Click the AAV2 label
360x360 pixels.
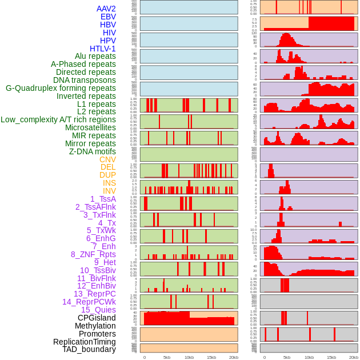(x=106, y=9)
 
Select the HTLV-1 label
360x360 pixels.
(x=102, y=49)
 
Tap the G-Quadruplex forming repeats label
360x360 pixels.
(x=61, y=88)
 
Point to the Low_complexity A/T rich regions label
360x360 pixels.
(x=58, y=119)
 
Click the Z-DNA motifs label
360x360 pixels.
(x=92, y=151)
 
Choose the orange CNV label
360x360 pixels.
(x=107, y=159)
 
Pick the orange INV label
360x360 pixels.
(x=109, y=191)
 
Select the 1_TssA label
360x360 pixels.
(x=103, y=199)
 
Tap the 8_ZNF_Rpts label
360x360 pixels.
(x=93, y=254)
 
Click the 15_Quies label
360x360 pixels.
(x=98, y=310)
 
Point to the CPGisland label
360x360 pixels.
(x=97, y=318)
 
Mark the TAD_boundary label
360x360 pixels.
(x=89, y=349)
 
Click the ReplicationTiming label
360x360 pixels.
(x=85, y=342)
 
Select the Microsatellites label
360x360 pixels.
(x=90, y=127)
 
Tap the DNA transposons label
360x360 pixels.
(x=85, y=80)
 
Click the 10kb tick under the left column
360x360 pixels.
(x=189, y=357)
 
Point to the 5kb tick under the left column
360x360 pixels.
(x=166, y=357)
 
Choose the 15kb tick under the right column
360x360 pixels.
(x=331, y=357)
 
